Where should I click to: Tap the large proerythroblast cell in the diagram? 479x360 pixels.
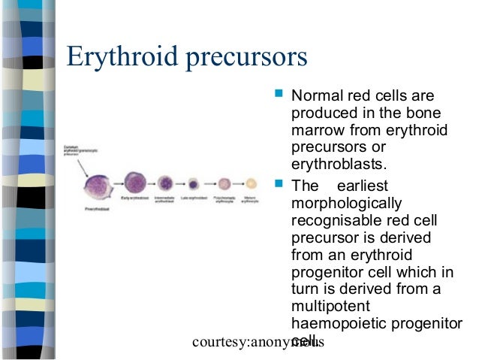(98, 185)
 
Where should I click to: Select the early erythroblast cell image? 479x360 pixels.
(134, 183)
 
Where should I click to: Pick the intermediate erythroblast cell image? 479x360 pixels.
(165, 183)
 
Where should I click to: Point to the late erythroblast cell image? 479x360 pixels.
(194, 183)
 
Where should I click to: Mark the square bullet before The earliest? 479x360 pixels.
(279, 184)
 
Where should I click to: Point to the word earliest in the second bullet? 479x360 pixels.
(363, 186)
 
